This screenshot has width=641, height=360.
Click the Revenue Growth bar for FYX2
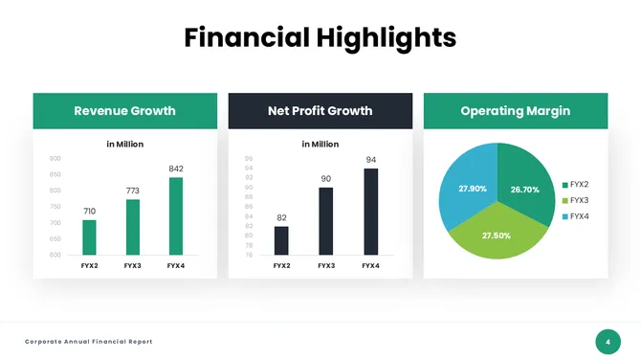(x=89, y=236)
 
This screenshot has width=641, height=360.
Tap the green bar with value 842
(x=176, y=215)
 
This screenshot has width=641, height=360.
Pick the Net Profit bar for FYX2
(x=281, y=240)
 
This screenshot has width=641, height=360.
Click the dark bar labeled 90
(x=326, y=220)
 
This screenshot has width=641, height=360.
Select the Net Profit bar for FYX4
(x=370, y=211)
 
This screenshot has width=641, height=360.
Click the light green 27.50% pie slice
(x=496, y=237)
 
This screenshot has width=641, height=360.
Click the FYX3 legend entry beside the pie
(x=575, y=200)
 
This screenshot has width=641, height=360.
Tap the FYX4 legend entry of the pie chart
(x=575, y=216)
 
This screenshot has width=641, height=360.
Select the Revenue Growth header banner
(x=124, y=111)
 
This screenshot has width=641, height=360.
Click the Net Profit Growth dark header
(x=320, y=111)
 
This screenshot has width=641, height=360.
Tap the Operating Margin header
(x=515, y=111)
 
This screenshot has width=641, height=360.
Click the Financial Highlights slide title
(x=320, y=37)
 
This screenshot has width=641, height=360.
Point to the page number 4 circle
(x=608, y=341)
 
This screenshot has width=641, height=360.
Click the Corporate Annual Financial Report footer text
(x=88, y=342)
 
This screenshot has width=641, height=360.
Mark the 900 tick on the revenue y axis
(x=55, y=158)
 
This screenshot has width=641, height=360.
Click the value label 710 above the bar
(x=89, y=211)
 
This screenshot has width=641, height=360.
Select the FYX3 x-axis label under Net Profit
(x=326, y=265)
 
